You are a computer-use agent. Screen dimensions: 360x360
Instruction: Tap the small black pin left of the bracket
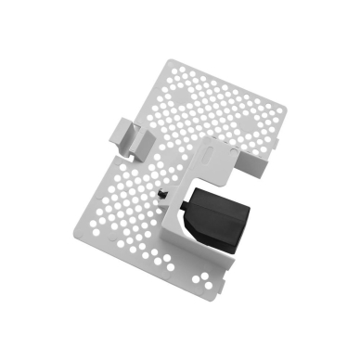coord(163,193)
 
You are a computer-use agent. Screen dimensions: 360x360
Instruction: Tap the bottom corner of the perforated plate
coord(214,298)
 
